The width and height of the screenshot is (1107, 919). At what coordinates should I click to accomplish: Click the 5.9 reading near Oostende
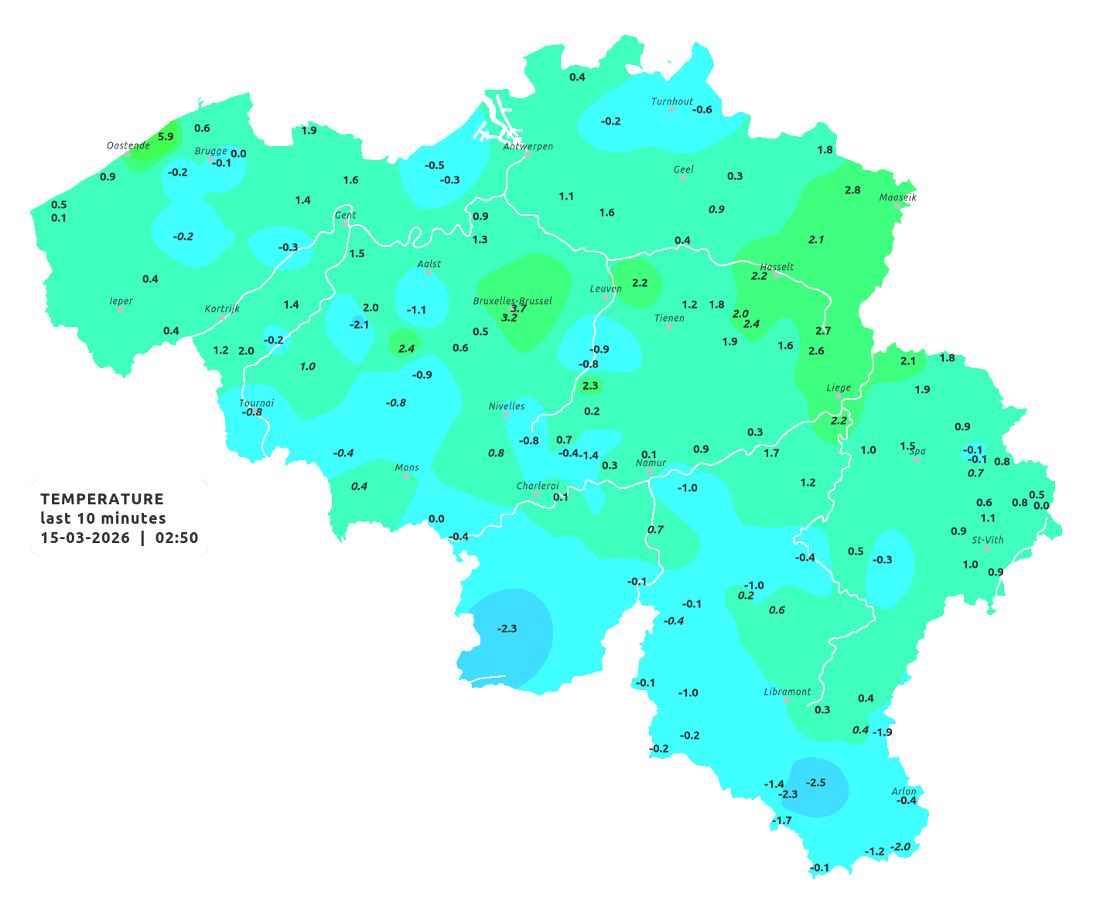166,137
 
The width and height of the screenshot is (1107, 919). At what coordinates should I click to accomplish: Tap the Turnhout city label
672,101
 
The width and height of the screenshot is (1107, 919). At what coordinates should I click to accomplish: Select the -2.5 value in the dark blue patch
816,783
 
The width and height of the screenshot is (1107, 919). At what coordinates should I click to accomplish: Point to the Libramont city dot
787,700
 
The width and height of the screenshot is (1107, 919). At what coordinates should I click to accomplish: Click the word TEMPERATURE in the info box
102,499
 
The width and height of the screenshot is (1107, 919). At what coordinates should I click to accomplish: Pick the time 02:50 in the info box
177,538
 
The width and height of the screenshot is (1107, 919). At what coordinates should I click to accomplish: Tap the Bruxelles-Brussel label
512,300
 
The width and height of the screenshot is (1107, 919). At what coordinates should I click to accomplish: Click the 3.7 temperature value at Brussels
518,308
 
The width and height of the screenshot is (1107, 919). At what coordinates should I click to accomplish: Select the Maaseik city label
897,197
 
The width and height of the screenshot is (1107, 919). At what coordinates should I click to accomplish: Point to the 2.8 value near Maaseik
852,190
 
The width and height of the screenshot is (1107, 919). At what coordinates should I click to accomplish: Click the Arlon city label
904,791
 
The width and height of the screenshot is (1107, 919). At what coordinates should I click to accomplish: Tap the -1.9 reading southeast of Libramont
883,732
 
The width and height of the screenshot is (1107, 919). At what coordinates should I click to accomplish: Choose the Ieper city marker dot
121,309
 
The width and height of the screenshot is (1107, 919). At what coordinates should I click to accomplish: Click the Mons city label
407,467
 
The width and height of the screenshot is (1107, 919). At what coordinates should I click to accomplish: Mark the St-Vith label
988,540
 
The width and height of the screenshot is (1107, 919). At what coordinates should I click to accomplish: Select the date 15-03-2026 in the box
85,538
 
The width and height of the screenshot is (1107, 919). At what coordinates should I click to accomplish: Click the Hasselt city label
777,267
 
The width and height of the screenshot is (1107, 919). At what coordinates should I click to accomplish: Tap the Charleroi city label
538,486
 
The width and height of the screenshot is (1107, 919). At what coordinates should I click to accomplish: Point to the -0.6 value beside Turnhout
702,110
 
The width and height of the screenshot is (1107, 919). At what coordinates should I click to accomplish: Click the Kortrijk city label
222,309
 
